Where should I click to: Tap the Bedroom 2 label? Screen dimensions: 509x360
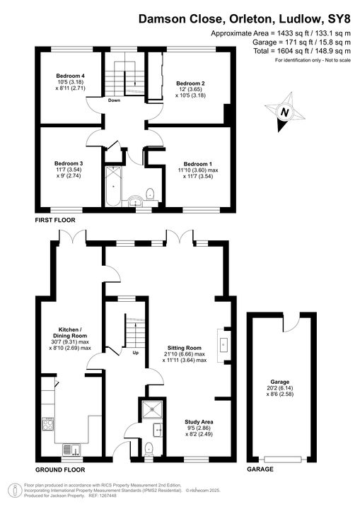coord(190,83)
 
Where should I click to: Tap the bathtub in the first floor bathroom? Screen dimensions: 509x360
coord(112,185)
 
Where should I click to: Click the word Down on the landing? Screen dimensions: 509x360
coord(114,100)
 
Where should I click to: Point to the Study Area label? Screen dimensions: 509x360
coord(190,422)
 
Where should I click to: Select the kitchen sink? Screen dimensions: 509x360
coord(70,447)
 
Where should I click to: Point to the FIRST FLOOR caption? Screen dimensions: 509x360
coord(55,221)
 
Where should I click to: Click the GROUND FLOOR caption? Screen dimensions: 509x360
coord(60,469)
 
